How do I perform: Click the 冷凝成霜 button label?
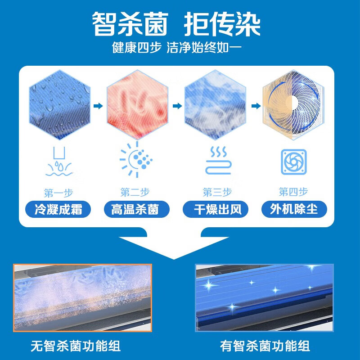58,209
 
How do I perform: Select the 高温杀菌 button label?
135,209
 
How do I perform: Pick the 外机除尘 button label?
293,209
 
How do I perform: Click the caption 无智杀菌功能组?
76,346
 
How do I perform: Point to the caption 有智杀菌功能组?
265,346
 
